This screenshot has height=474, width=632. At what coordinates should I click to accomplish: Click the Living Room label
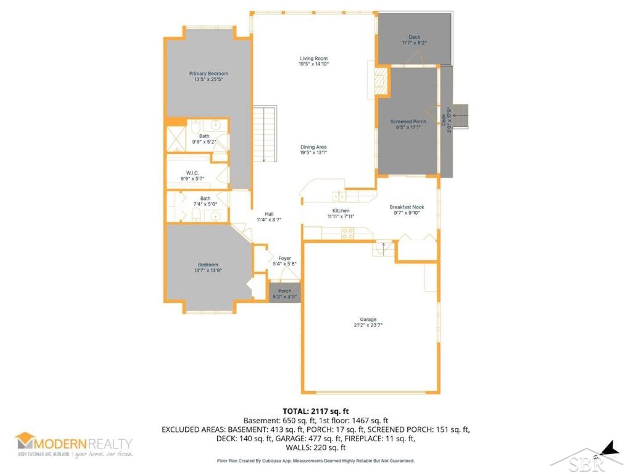[x=313, y=58]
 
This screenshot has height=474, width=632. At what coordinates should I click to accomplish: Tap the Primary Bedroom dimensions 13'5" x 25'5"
[x=208, y=79]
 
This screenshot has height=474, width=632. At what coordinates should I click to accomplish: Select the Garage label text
[x=368, y=320]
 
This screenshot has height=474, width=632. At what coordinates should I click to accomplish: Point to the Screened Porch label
[x=408, y=122]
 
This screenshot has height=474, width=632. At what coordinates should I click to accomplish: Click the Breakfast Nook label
[x=406, y=207]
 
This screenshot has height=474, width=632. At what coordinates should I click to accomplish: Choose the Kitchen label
[x=341, y=211]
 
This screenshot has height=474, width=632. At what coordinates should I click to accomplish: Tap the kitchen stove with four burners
[x=348, y=233]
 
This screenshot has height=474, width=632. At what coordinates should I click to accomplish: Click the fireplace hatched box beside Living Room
[x=381, y=81]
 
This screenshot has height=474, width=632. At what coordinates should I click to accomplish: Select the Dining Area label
[x=313, y=147]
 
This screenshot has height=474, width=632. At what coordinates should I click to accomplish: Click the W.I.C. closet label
[x=192, y=173]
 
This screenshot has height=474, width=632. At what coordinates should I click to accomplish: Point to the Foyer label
[x=284, y=259]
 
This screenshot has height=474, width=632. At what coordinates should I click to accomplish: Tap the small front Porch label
[x=284, y=291]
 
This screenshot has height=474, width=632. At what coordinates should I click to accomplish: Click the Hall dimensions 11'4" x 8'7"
[x=269, y=220]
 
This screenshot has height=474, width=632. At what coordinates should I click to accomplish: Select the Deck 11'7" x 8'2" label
[x=414, y=40]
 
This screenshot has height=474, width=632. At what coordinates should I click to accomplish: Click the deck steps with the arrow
[x=460, y=116]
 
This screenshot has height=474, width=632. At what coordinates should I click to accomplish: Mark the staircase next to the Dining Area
[x=265, y=134]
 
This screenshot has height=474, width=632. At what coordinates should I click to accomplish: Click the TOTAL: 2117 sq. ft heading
[x=316, y=411]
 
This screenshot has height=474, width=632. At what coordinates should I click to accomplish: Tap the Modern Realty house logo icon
[x=25, y=440]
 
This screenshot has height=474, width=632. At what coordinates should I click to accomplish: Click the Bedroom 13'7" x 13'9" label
[x=208, y=267]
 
